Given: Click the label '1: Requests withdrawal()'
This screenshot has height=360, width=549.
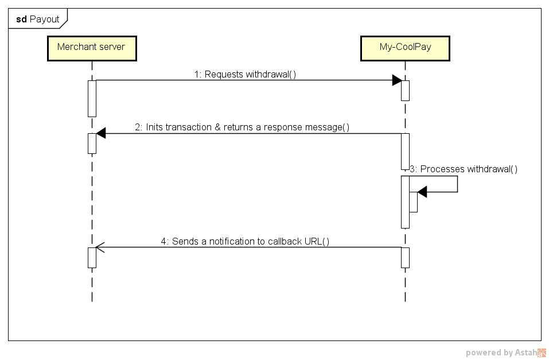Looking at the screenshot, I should point(245,74).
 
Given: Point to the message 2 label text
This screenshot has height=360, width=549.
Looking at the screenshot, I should point(242,127).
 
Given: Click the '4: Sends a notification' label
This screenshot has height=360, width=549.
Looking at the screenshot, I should point(245,241).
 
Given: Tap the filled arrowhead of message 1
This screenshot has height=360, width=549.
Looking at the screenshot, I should point(396,80).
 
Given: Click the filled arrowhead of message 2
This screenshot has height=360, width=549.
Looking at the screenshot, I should point(101,133).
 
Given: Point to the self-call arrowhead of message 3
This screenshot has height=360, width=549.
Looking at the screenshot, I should point(422,192).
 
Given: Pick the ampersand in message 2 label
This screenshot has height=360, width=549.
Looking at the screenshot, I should point(217,127).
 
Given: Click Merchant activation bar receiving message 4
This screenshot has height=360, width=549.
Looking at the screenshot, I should point(92,257).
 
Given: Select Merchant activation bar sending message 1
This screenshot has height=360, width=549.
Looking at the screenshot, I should point(92,98).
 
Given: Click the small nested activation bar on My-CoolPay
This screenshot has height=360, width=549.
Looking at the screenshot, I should point(413,202).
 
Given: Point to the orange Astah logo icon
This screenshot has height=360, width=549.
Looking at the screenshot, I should point(542,353).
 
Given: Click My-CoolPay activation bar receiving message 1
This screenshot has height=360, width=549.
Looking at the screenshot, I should point(405,90).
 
